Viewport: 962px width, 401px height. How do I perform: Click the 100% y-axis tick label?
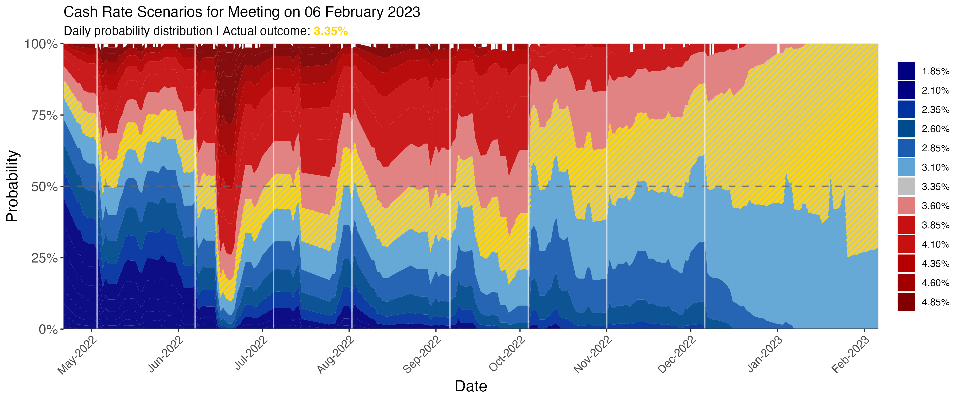coord(41,44)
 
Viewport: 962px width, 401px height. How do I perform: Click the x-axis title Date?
coord(471,386)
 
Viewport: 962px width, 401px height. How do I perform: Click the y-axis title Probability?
coord(12,186)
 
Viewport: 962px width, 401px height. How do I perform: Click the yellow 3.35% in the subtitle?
coord(331,31)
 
